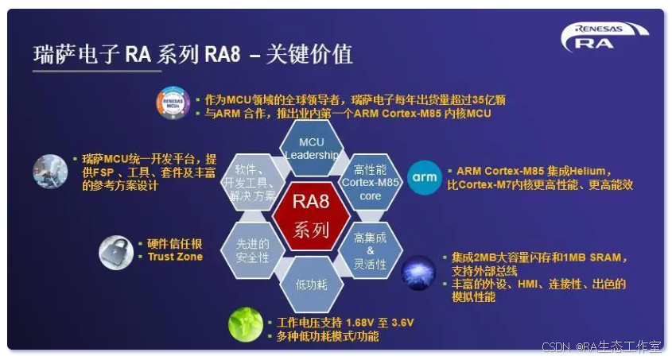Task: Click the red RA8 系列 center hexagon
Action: pos(311,215)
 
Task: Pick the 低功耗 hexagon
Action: pos(311,283)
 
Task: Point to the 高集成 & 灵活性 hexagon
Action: pos(370,250)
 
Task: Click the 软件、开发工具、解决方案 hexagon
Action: pos(254,181)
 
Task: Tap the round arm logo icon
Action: pos(425,177)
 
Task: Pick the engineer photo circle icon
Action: pos(50,171)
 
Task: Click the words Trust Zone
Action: pos(175,257)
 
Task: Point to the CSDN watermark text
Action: pos(557,347)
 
